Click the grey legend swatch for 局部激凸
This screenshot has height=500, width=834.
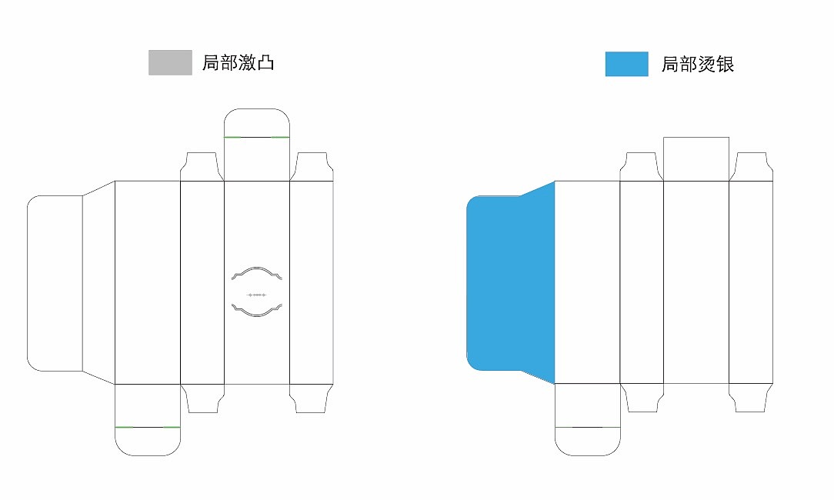(x=170, y=62)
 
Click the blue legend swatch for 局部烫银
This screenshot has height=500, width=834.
(x=626, y=64)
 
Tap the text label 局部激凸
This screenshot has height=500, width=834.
(x=239, y=63)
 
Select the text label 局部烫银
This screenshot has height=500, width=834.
(x=697, y=65)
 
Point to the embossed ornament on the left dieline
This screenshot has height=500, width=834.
(x=257, y=292)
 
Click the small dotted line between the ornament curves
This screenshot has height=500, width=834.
(x=257, y=295)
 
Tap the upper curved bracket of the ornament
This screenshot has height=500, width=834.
(x=257, y=273)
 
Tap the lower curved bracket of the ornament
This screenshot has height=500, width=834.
(x=257, y=310)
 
